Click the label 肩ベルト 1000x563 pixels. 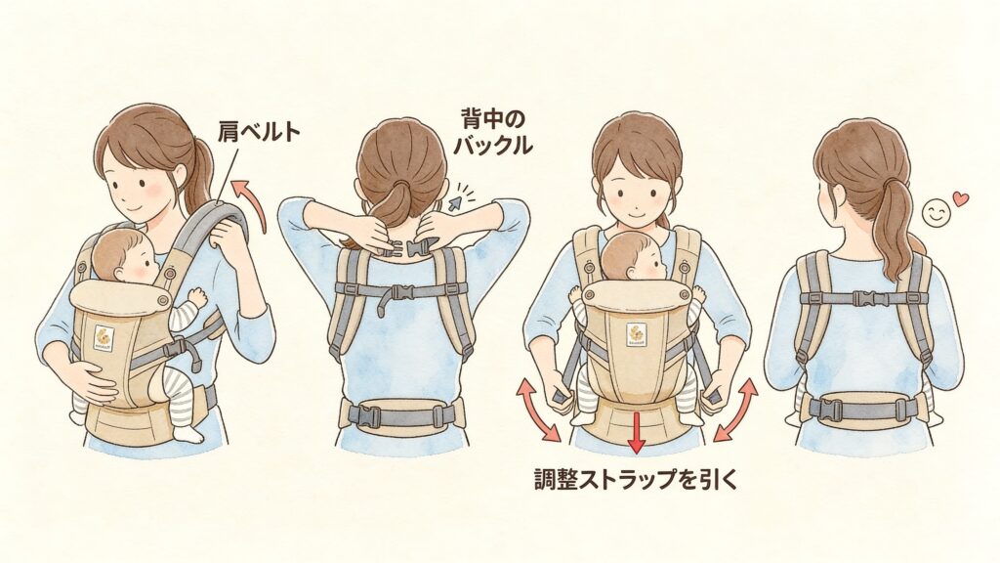click(259, 132)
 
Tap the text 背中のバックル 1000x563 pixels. click(492, 132)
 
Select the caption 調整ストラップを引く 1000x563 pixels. click(635, 479)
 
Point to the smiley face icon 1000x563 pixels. click(936, 214)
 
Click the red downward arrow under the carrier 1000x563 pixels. click(635, 433)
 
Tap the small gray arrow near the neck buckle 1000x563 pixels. click(456, 202)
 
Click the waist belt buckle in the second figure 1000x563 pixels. click(363, 415)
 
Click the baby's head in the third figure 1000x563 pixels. click(634, 258)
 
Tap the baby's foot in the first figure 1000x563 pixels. click(188, 433)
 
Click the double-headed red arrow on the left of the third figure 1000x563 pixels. click(539, 409)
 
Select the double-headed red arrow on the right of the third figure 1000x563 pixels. click(735, 410)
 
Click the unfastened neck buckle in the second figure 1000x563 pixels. click(409, 247)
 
